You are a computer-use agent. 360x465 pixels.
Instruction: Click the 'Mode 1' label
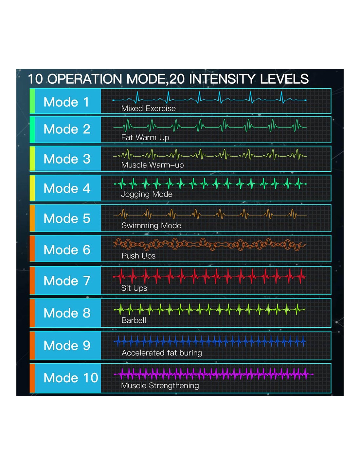(x=66, y=102)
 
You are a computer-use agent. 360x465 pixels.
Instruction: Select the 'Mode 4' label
(x=67, y=188)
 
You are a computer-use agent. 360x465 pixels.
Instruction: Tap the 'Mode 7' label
(x=67, y=281)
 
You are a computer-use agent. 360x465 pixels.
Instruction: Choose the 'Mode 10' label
(x=71, y=378)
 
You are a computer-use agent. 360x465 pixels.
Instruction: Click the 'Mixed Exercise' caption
(x=148, y=109)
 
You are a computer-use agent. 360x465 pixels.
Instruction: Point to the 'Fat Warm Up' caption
(x=145, y=137)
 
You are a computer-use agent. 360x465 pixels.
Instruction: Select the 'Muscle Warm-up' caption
(x=153, y=165)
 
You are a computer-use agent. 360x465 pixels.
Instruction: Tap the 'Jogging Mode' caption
(x=147, y=194)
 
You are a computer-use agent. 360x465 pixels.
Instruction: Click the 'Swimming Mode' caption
(x=151, y=226)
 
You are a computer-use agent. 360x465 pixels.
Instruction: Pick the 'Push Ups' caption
(x=138, y=256)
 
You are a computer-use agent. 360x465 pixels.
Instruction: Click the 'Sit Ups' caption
(x=134, y=288)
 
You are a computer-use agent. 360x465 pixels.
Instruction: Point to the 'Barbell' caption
(x=134, y=320)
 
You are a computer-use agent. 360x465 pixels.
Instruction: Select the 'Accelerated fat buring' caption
(x=162, y=353)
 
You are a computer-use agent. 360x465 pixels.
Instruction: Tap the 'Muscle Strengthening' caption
(x=160, y=386)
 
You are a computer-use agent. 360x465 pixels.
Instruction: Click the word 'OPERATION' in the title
(x=85, y=79)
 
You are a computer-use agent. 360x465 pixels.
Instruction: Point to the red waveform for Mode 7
(x=209, y=276)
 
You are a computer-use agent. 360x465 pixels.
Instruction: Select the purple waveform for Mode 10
(x=213, y=374)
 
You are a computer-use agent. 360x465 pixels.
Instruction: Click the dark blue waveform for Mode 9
(x=209, y=342)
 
